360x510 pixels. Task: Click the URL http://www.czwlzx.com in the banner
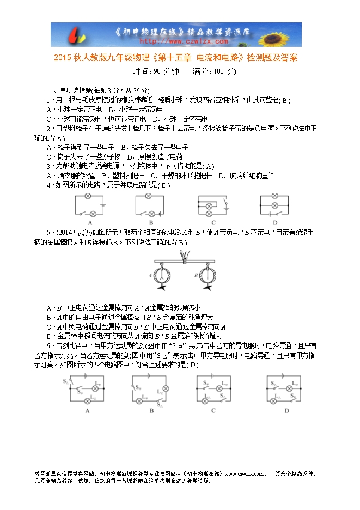(x=184, y=40)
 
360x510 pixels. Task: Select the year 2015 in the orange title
(x=64, y=58)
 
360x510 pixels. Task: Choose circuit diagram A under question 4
(x=89, y=205)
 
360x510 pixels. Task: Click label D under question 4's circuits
(x=275, y=222)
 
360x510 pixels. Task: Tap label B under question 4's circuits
(x=151, y=222)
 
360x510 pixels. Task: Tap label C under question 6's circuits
(x=213, y=410)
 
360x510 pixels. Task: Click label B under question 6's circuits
(x=151, y=410)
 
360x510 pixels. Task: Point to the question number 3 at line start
(x=48, y=166)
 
